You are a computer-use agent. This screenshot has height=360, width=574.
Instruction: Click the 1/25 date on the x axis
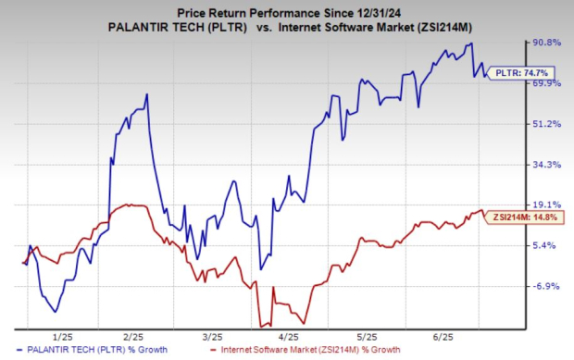pyautogui.click(x=64, y=337)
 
